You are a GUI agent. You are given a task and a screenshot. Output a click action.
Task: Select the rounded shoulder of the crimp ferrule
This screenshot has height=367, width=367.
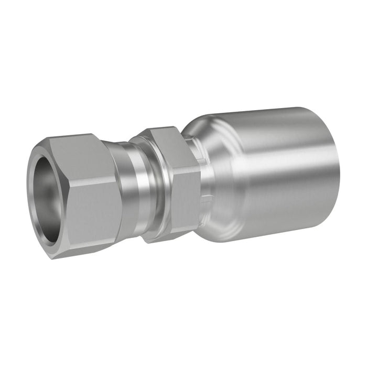(210, 157)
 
